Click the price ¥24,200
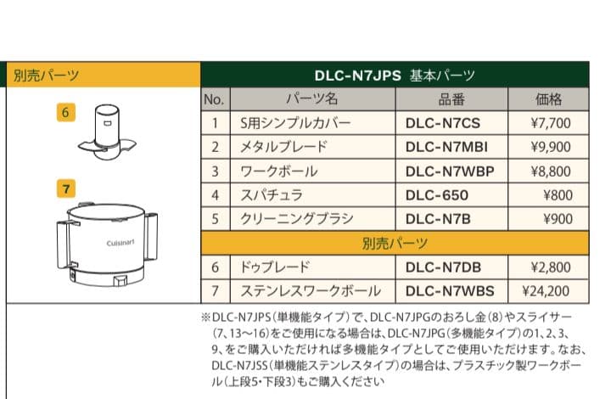[x=547, y=292]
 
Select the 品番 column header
[x=451, y=98]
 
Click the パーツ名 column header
[x=314, y=98]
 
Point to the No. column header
[x=215, y=98]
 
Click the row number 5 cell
[x=215, y=219]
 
